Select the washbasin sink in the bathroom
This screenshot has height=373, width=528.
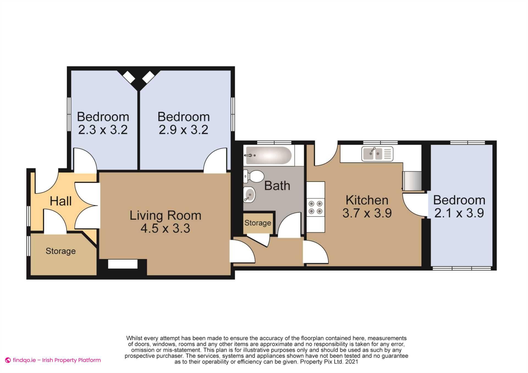coord(249,195)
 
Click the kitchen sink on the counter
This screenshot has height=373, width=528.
coord(377,154)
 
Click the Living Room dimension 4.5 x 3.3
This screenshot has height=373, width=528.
coord(165,229)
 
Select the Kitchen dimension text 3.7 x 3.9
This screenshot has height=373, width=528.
coord(367,213)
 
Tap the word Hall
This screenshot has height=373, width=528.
coord(61,201)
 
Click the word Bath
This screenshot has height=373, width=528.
coord(277,186)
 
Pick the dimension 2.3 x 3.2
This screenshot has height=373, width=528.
coord(103,130)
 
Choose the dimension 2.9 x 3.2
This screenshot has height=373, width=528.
coord(183,130)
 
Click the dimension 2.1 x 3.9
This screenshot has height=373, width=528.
coord(459,213)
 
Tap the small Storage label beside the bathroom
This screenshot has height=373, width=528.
coord(258,223)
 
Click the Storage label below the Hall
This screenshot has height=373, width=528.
coord(61,251)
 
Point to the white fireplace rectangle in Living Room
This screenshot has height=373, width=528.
coord(123,264)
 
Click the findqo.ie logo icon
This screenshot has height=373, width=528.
coord(8,360)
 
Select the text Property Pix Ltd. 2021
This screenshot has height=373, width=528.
coord(329,362)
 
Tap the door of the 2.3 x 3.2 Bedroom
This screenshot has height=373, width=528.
coord(85,161)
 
